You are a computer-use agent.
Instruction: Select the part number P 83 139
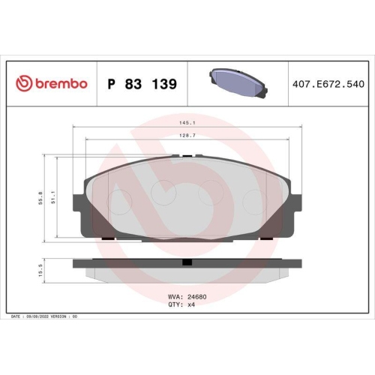[142, 84]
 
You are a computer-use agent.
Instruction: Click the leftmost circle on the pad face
[120, 197]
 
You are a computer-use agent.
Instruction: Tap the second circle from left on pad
[162, 193]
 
